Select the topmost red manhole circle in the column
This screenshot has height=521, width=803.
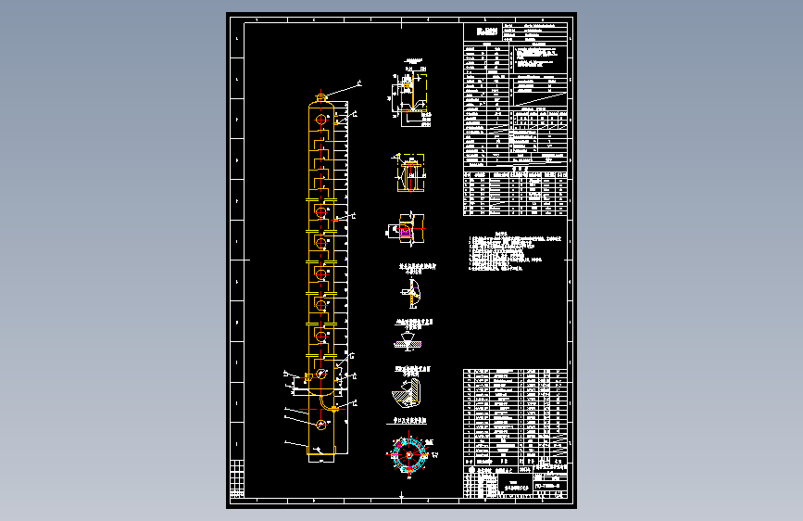coord(321,212)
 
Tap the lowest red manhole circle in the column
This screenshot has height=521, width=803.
coord(320,425)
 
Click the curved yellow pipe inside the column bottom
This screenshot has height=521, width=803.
coord(326,400)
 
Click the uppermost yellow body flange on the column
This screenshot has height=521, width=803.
coord(320,199)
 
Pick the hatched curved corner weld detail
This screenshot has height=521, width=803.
coord(407,392)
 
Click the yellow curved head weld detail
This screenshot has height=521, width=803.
coord(411,293)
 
